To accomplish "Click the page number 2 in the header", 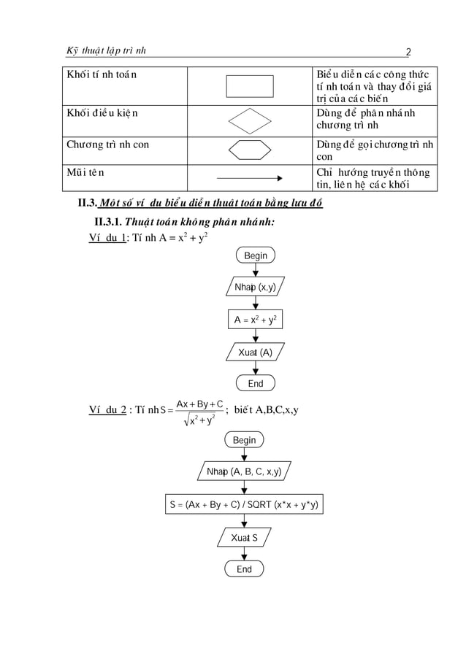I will pyautogui.click(x=410, y=51).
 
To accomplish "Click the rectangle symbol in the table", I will pyautogui.click(x=249, y=86).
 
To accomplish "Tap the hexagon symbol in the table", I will pyautogui.click(x=249, y=150).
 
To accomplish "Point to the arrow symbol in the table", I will pyautogui.click(x=249, y=178).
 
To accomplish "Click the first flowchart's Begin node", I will pyautogui.click(x=256, y=255).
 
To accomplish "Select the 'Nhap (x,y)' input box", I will pyautogui.click(x=255, y=288).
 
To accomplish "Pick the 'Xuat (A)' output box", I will pyautogui.click(x=255, y=352).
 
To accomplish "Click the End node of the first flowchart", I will pyautogui.click(x=255, y=383).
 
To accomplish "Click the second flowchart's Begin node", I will pyautogui.click(x=244, y=440).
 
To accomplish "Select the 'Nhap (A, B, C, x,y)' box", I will pyautogui.click(x=244, y=471).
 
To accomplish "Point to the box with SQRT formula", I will pyautogui.click(x=244, y=504).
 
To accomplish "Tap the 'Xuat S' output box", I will pyautogui.click(x=244, y=538).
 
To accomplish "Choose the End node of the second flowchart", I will pyautogui.click(x=244, y=569).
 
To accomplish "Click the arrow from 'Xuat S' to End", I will pyautogui.click(x=244, y=554).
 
